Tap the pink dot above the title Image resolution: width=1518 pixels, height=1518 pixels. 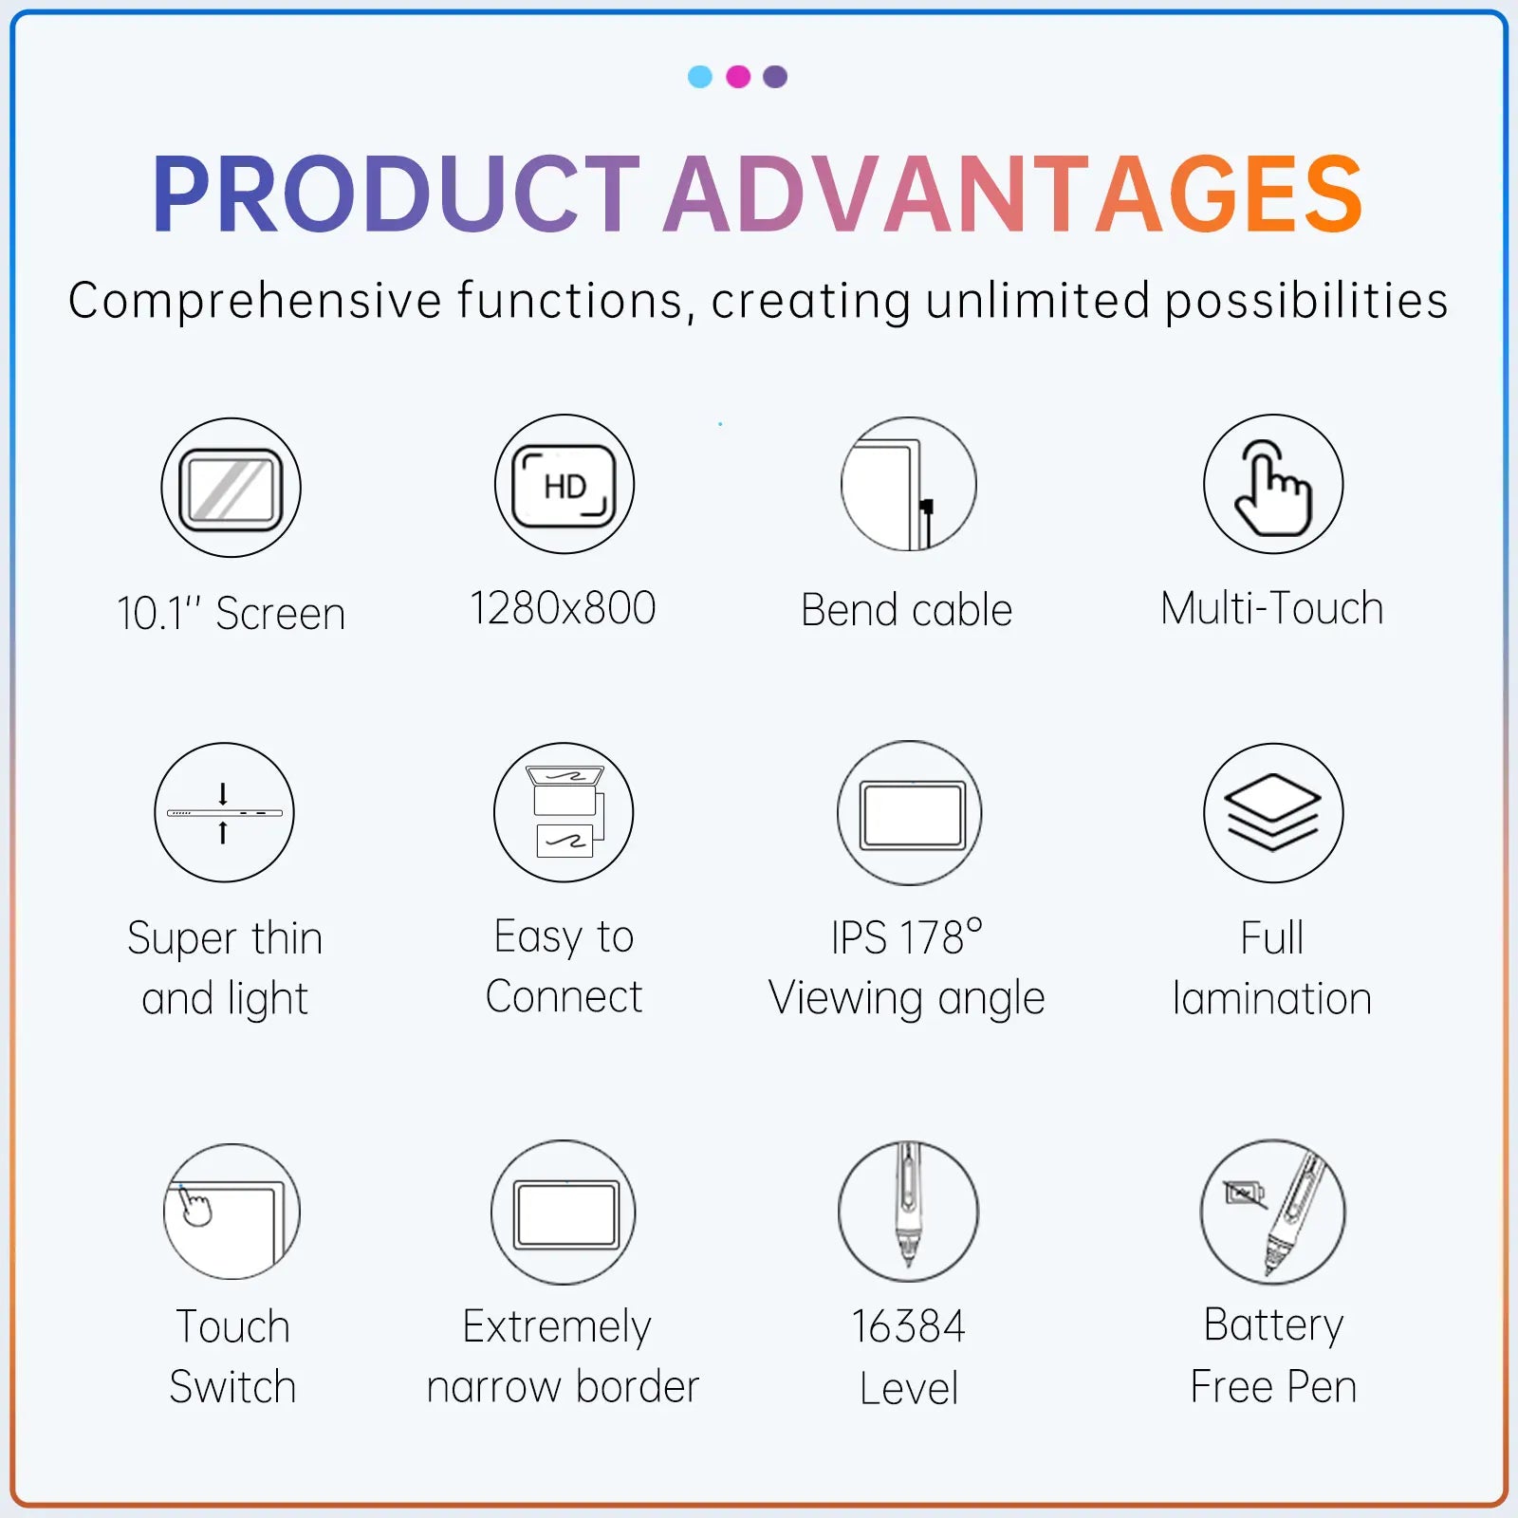click(x=738, y=77)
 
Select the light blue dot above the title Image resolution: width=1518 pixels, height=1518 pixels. click(x=700, y=77)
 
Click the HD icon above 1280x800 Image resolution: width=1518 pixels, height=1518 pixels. click(x=565, y=485)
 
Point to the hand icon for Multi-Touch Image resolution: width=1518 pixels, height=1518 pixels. click(x=1273, y=485)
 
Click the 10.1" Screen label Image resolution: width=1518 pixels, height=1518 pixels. click(x=231, y=613)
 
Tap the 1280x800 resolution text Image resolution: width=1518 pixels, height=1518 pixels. click(x=564, y=608)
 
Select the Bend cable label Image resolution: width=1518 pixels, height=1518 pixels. click(x=907, y=610)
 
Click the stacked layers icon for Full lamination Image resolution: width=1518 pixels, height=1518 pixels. click(x=1273, y=813)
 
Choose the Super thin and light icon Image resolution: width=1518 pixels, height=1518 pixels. click(x=225, y=813)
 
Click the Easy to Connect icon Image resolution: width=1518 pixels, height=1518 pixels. click(x=565, y=813)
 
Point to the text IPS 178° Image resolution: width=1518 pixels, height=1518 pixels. click(x=907, y=937)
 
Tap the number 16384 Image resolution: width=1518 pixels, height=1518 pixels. click(x=908, y=1326)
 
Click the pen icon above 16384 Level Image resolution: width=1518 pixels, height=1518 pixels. click(x=908, y=1211)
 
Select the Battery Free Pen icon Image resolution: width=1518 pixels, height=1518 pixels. click(x=1273, y=1212)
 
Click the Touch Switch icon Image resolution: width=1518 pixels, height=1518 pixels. click(x=231, y=1212)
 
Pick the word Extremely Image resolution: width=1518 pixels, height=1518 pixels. click(x=557, y=1326)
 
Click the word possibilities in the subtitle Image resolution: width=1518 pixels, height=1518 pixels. click(x=1306, y=302)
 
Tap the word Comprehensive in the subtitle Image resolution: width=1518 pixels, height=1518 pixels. click(x=255, y=302)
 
